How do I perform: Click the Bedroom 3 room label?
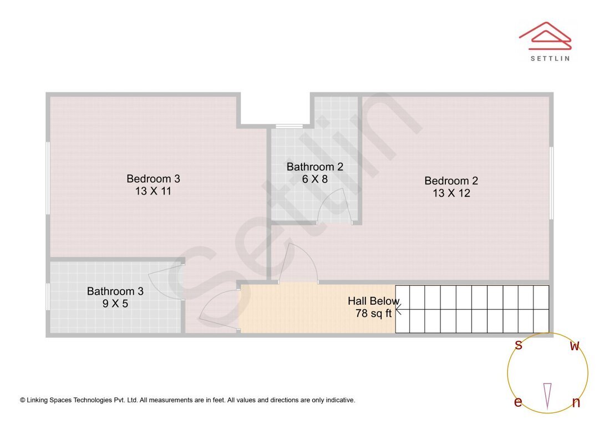point(153,179)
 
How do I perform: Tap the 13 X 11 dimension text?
point(153,191)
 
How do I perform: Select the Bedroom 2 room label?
point(451,181)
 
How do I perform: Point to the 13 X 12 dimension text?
point(451,193)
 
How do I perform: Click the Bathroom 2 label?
point(314,166)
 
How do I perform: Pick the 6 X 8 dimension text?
point(314,179)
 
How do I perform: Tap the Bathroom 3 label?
point(115,291)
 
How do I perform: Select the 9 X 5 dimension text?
point(115,304)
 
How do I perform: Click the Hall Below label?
point(373,301)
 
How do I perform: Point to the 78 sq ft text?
point(373,314)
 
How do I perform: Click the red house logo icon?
point(545,34)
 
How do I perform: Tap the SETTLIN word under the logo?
point(550,58)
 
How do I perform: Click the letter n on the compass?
point(576,402)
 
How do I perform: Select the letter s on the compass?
point(519,345)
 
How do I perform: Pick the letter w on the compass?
point(575,346)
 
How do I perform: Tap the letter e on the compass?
point(517,402)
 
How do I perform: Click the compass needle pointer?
point(547,395)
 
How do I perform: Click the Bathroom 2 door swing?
point(333,206)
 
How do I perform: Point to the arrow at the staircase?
point(399,309)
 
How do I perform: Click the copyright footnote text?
point(187,400)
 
